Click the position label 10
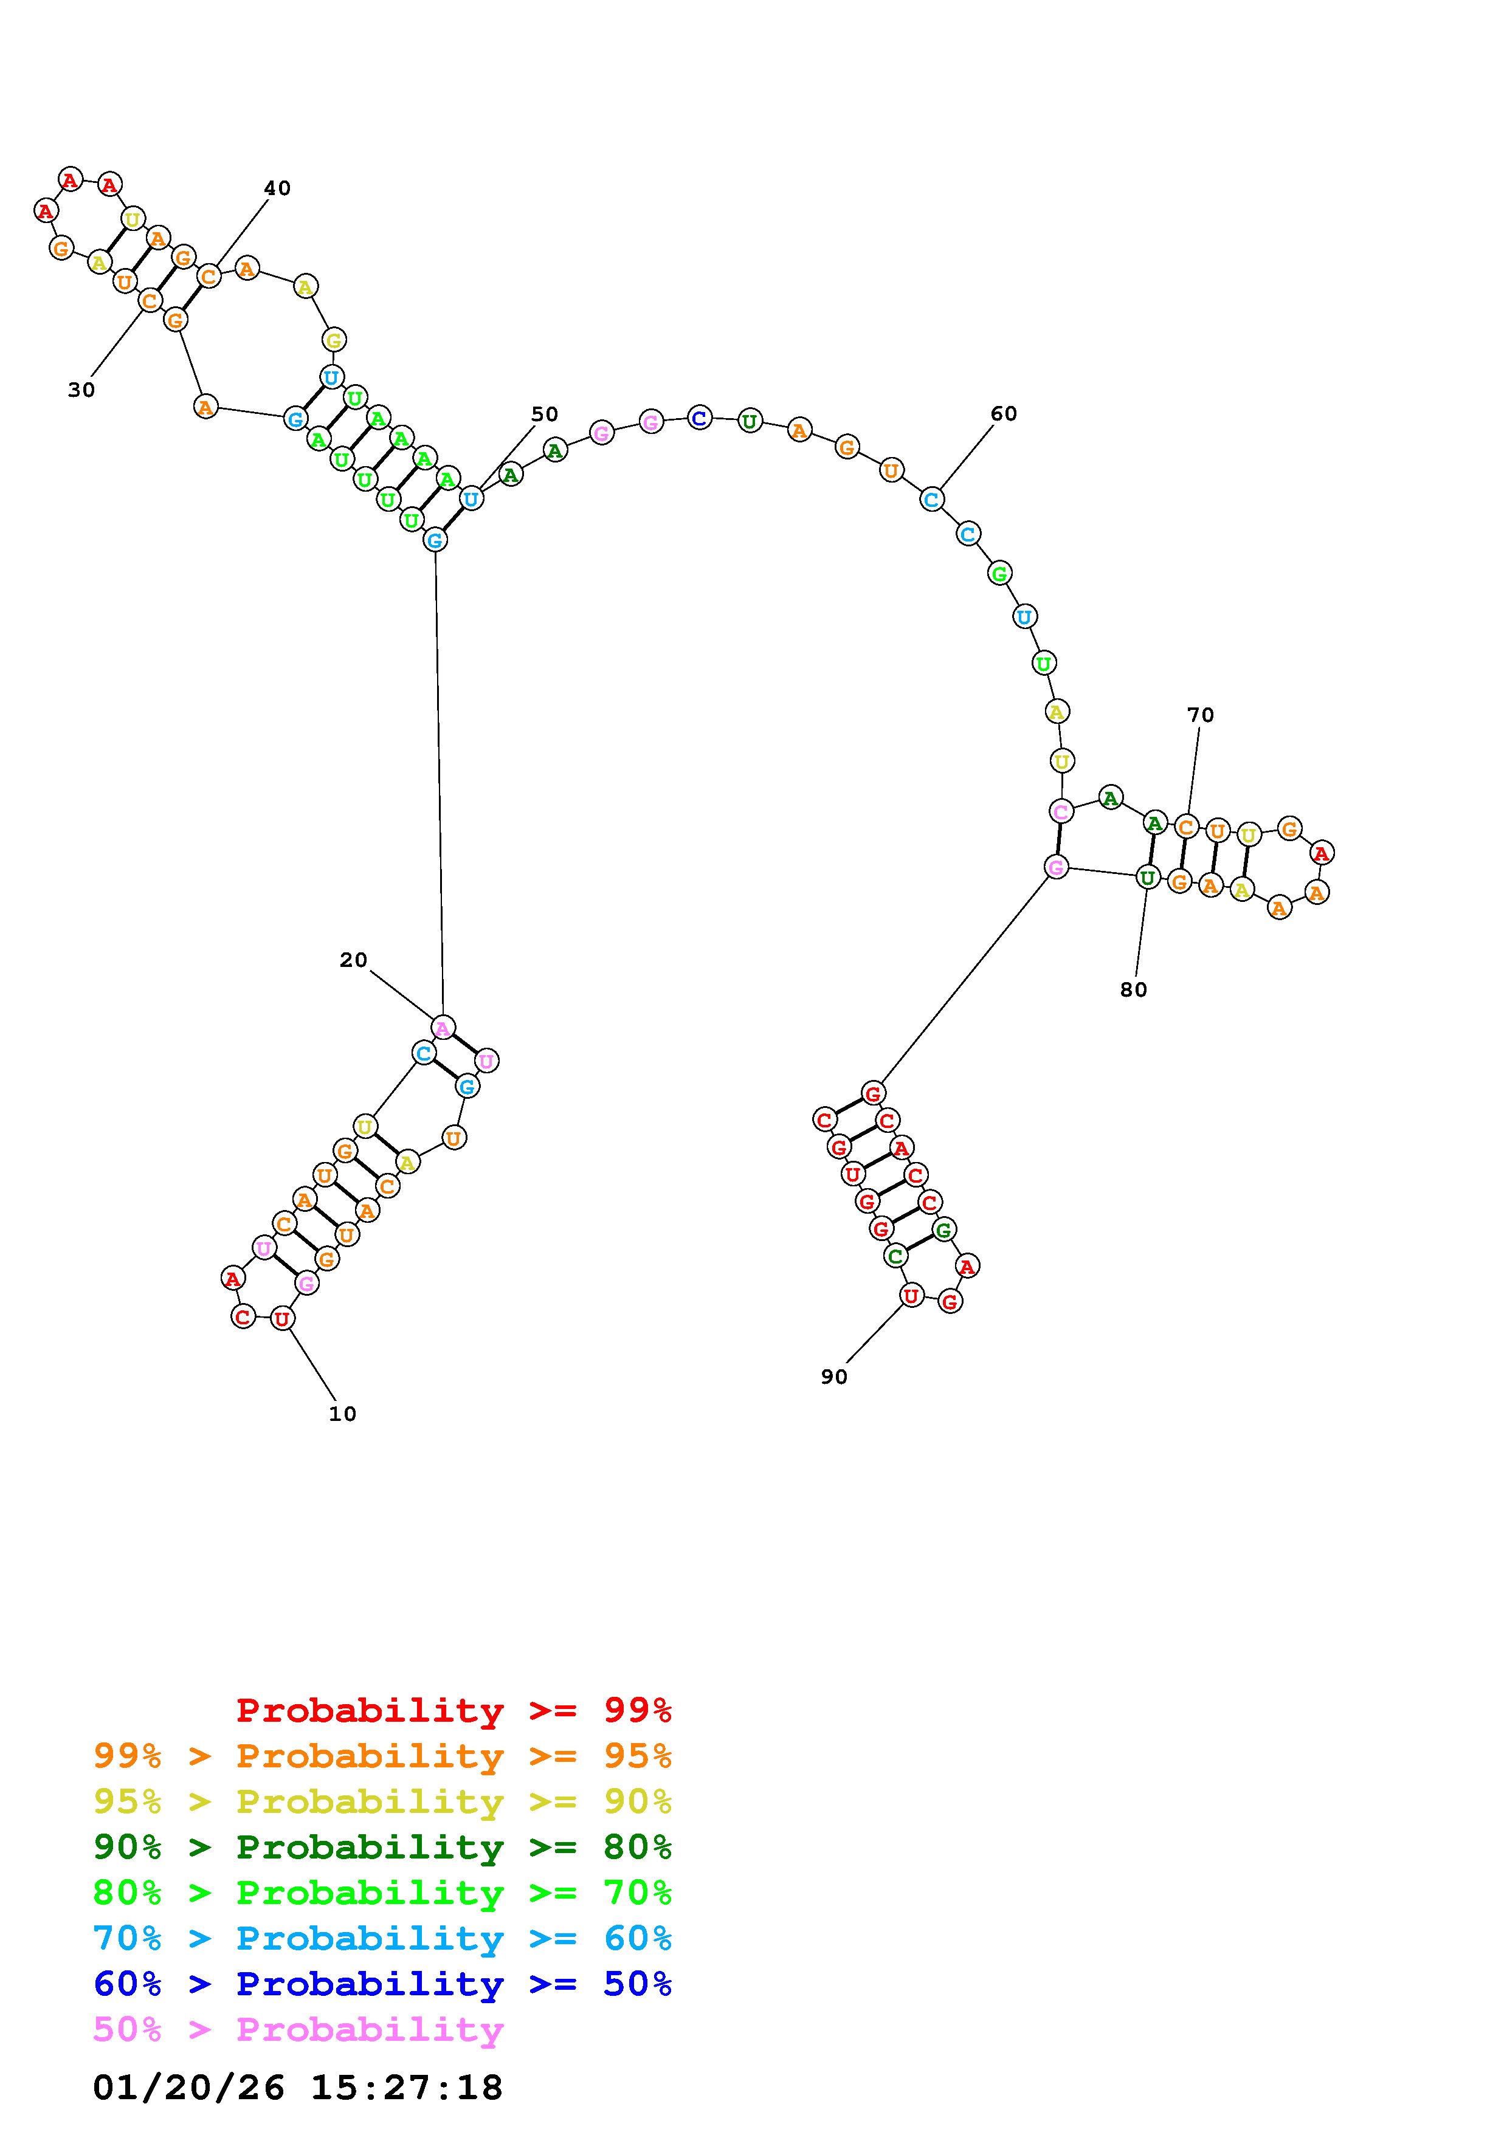coord(343,1413)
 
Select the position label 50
coord(545,414)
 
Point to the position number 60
coord(1004,413)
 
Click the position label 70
coord(1201,715)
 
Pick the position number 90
coord(834,1377)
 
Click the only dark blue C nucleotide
coord(700,418)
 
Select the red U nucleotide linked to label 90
coord(912,1295)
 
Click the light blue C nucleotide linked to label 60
coord(931,500)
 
